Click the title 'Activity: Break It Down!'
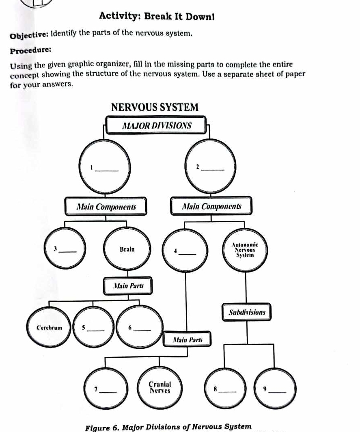tap(157, 17)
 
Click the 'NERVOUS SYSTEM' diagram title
tap(155, 108)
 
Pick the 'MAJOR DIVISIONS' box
tap(156, 126)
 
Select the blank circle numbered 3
tap(65, 248)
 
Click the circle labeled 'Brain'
tap(127, 249)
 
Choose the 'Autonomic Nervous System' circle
tap(245, 250)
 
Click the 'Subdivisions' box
tap(247, 313)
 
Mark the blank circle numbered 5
tap(94, 327)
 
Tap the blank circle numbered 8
tap(224, 388)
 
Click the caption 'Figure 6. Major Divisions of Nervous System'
tap(169, 426)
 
